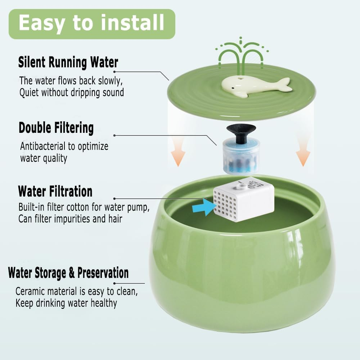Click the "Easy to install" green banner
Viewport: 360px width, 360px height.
(x=91, y=23)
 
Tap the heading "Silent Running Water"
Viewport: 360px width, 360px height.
(x=68, y=63)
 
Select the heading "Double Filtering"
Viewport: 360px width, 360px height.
(x=56, y=128)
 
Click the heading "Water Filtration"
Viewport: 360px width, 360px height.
(x=55, y=191)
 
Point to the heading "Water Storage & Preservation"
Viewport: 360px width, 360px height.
(x=68, y=273)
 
